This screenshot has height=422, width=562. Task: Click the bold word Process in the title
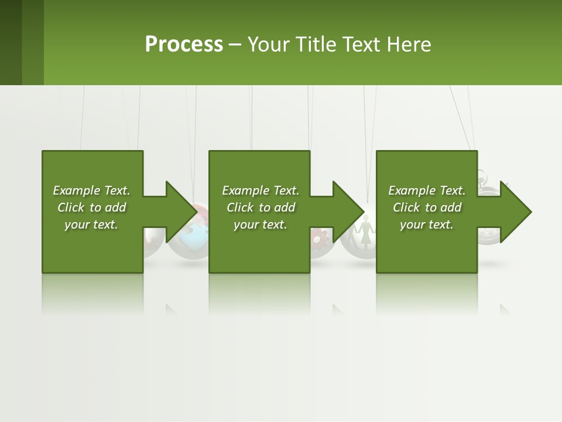[184, 45]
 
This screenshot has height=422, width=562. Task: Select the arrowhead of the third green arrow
[515, 212]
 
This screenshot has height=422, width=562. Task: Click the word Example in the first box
[77, 190]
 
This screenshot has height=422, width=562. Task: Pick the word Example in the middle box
[246, 190]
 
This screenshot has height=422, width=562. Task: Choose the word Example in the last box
[412, 190]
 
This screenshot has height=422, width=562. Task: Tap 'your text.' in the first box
[91, 224]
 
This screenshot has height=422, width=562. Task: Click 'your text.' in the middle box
[261, 224]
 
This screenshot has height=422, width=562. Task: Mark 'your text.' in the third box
[427, 224]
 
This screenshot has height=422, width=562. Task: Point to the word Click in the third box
[407, 207]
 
